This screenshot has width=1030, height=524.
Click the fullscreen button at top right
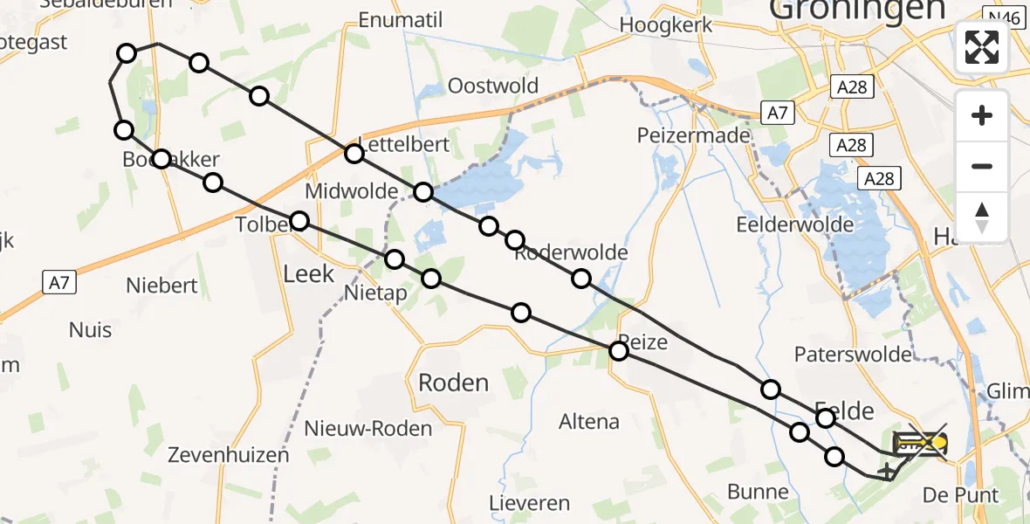coord(982,47)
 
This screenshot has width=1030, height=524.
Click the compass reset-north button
coord(982,217)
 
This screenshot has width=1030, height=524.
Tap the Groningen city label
coord(857,9)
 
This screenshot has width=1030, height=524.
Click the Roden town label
coord(453,383)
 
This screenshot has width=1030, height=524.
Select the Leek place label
coord(309,274)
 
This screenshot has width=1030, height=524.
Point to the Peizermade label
coord(693,135)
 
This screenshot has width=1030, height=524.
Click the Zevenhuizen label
coord(228,455)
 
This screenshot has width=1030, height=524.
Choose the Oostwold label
coord(493,86)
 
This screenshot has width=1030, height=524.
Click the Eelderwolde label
coord(794,224)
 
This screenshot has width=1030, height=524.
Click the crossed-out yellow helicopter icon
coord(922,443)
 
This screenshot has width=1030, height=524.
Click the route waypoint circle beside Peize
coord(618,351)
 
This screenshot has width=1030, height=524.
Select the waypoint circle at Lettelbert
coord(354,155)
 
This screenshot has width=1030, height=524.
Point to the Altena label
coord(588,422)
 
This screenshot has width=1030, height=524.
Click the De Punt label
coord(960,495)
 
